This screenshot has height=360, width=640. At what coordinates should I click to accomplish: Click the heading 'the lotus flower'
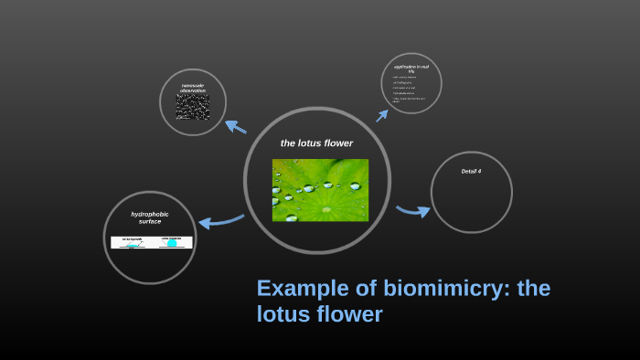[316, 143]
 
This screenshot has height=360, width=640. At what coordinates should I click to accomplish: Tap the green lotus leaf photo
[320, 190]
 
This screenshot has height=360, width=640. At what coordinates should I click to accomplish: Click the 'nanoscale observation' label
[193, 88]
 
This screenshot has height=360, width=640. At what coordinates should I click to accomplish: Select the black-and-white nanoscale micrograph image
[193, 108]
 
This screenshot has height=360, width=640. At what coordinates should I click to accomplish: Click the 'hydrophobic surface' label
[149, 217]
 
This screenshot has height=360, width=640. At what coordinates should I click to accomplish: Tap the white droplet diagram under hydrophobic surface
[152, 242]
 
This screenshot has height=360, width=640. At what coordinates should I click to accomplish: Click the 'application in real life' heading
[411, 69]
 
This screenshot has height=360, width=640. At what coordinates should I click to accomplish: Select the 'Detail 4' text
[471, 171]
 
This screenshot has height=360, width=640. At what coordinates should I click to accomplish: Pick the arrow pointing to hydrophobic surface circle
[220, 220]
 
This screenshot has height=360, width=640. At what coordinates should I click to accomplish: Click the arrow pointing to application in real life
[383, 115]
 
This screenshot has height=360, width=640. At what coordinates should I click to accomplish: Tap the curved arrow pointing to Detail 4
[413, 211]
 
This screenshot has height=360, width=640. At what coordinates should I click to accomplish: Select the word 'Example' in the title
[297, 289]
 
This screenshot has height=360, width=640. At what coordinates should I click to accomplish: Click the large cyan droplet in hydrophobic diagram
[171, 243]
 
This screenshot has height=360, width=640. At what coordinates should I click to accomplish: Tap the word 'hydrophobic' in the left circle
[149, 214]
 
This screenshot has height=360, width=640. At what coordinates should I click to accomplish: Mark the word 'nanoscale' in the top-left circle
[193, 85]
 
